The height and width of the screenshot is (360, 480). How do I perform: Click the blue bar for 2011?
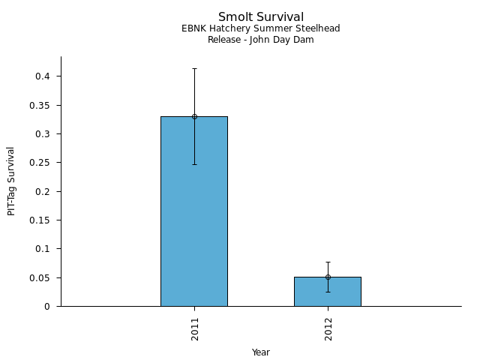[194, 217]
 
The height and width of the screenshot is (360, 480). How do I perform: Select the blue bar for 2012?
[328, 294]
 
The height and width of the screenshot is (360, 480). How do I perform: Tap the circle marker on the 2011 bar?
[194, 116]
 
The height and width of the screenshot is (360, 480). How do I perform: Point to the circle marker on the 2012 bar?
[328, 277]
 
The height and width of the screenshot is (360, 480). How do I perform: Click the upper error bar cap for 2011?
[194, 68]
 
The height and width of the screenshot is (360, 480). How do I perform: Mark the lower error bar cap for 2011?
[194, 164]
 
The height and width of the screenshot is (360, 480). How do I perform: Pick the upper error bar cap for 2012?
[328, 262]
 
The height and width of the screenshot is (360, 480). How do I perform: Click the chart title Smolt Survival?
[261, 16]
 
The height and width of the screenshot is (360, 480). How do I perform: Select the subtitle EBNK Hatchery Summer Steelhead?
[261, 28]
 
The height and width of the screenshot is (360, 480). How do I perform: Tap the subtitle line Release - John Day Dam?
[261, 40]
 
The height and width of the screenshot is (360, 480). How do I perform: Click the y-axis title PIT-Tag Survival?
[11, 181]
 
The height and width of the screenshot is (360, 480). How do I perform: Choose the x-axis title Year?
[261, 352]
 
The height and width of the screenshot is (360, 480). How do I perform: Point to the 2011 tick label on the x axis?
[194, 328]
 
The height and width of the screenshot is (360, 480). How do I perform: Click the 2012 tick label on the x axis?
[328, 328]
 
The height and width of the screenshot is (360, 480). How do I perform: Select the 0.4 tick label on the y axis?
[43, 76]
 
